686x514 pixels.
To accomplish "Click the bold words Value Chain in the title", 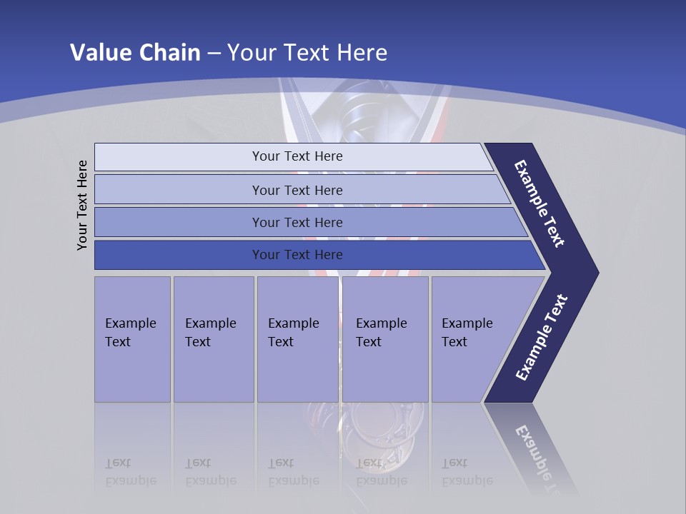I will click(135, 53).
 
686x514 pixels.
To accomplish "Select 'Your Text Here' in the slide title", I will click(307, 53).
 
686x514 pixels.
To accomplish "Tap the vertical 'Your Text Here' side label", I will click(82, 205).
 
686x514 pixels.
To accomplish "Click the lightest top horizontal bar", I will click(297, 156).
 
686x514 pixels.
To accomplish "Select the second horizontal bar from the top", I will click(297, 190).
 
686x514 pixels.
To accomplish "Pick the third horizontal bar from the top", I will click(297, 222).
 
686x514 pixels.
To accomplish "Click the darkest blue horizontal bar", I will click(297, 255).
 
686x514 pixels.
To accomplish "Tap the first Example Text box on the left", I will click(132, 339).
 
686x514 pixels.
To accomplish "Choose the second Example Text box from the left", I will click(213, 339).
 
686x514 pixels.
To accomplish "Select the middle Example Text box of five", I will click(297, 339).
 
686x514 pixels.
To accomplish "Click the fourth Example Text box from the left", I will click(384, 339).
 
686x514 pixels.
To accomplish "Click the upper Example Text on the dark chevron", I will click(540, 203).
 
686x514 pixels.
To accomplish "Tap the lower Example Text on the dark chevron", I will click(542, 337).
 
